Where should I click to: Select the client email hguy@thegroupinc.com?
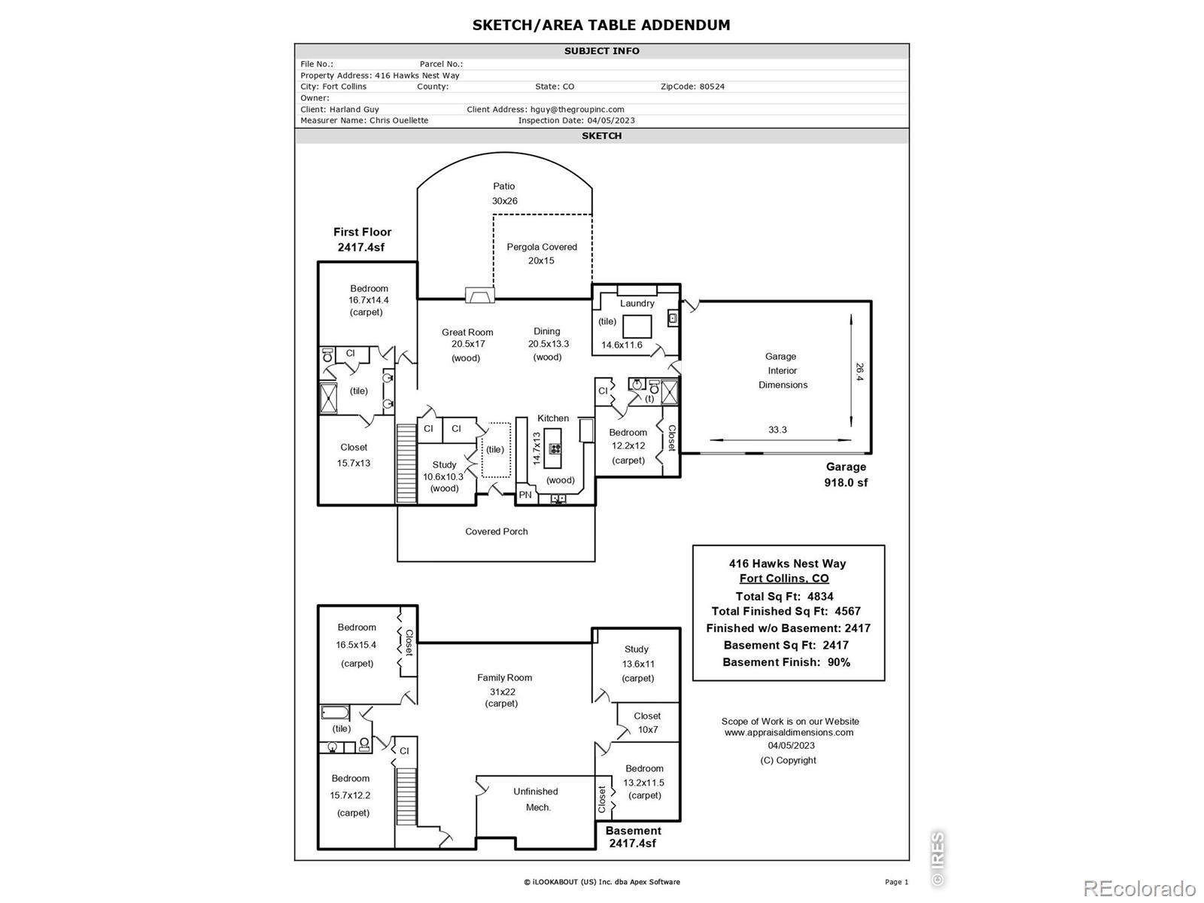click(x=577, y=110)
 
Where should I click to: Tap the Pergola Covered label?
click(x=541, y=248)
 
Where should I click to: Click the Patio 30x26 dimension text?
click(x=505, y=201)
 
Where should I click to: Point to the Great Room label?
click(x=467, y=333)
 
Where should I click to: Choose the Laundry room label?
click(x=637, y=303)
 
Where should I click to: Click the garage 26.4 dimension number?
click(x=859, y=372)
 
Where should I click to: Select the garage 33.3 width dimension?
click(x=777, y=430)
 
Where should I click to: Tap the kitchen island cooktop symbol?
click(x=555, y=448)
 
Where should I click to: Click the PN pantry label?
click(x=525, y=494)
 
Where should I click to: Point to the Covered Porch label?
click(x=497, y=531)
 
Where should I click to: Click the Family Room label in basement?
click(x=504, y=678)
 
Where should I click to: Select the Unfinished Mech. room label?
click(x=536, y=799)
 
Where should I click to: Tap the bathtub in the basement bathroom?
click(x=335, y=713)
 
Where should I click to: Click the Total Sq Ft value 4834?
click(x=820, y=597)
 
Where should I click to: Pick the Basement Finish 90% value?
click(x=839, y=662)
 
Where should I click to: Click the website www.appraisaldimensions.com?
click(x=789, y=732)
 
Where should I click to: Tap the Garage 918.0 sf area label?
click(x=846, y=475)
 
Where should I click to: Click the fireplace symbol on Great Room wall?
click(x=480, y=295)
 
